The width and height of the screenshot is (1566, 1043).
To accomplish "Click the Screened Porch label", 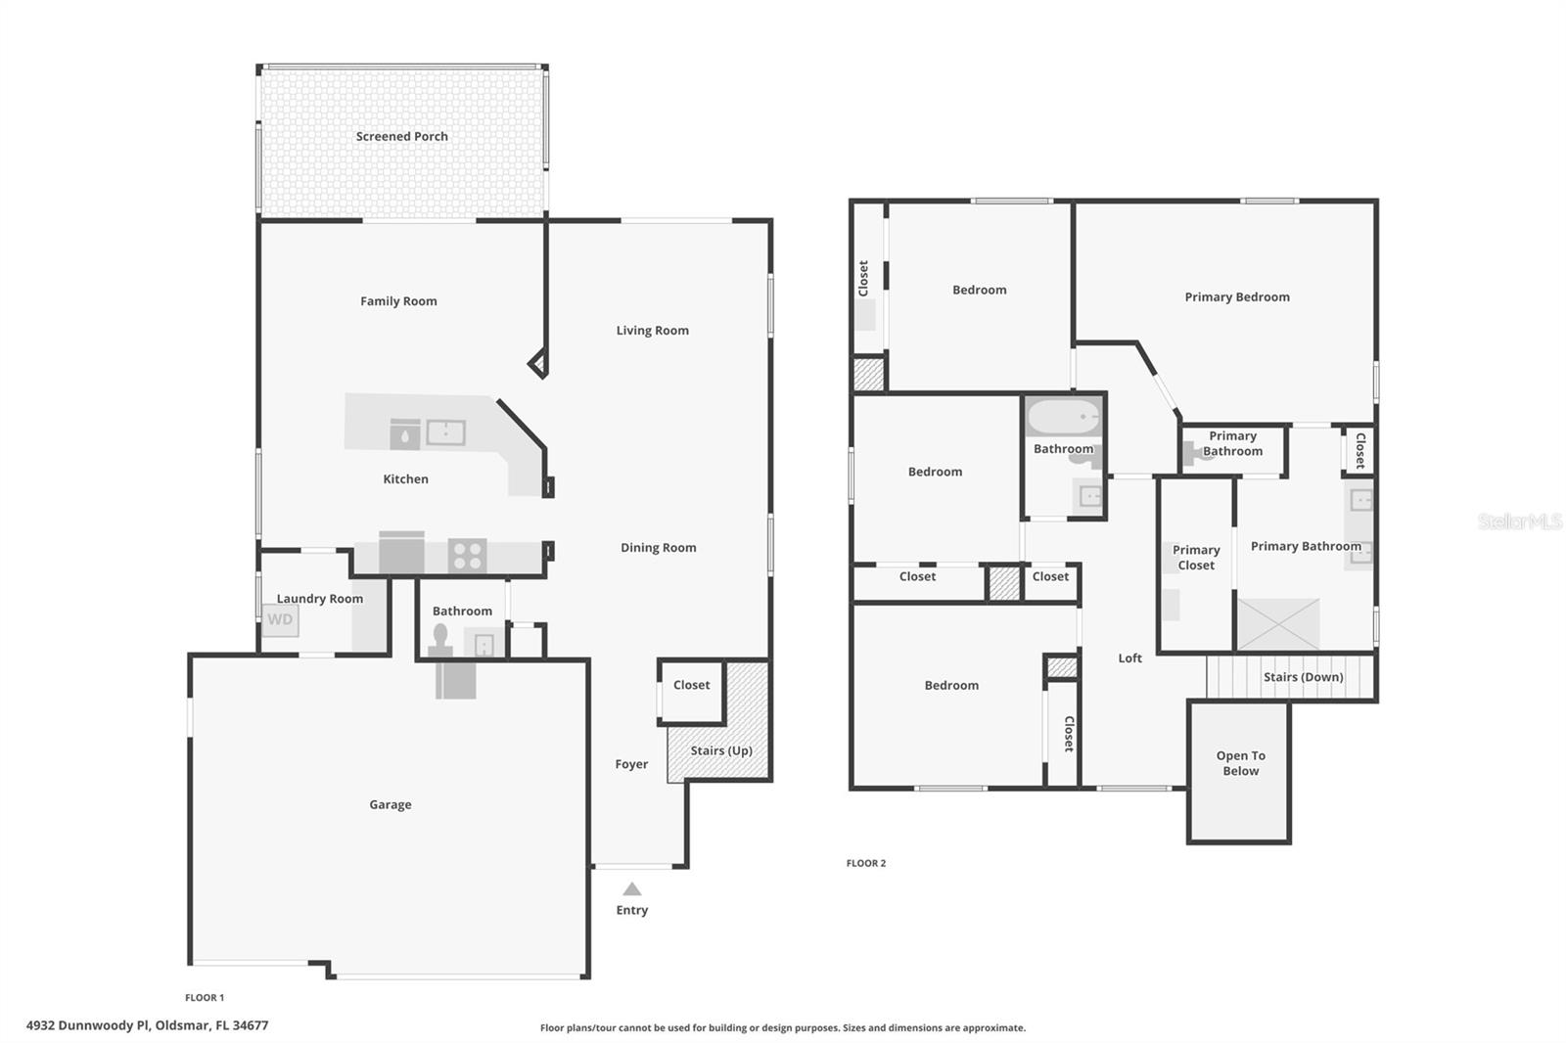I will coord(401,137).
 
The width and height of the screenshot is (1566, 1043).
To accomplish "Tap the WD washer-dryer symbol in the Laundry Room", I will coord(280,619).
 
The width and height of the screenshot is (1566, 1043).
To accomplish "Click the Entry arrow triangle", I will coord(632,889).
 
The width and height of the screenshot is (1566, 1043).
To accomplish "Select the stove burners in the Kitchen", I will coord(467,556).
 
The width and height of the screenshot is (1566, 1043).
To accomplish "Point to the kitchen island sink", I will coord(445,431).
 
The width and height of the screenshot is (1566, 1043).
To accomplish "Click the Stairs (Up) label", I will coord(721,751).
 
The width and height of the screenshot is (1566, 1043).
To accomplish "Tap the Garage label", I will coord(390,805).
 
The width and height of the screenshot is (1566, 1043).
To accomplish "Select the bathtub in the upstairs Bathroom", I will coord(1063,418).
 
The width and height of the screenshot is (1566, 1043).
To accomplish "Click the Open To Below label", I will coord(1240,763).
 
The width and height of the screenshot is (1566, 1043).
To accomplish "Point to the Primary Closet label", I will coord(1196,558).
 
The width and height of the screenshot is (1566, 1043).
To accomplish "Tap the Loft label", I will coord(1129,658).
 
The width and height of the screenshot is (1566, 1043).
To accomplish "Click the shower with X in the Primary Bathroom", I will coord(1278,624).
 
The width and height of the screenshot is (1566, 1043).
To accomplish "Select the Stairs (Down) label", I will coord(1303,677).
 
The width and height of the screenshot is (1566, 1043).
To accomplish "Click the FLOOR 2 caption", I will coord(865,863).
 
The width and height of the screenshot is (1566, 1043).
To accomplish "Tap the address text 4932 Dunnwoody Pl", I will coord(147,1025).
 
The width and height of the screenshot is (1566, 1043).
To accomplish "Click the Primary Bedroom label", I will coord(1236,297).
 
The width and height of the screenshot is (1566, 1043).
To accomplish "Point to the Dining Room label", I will coord(658,548).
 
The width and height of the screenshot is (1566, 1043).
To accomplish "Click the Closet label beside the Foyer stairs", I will coord(691,685).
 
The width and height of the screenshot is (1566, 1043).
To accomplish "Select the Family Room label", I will coord(398,301).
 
